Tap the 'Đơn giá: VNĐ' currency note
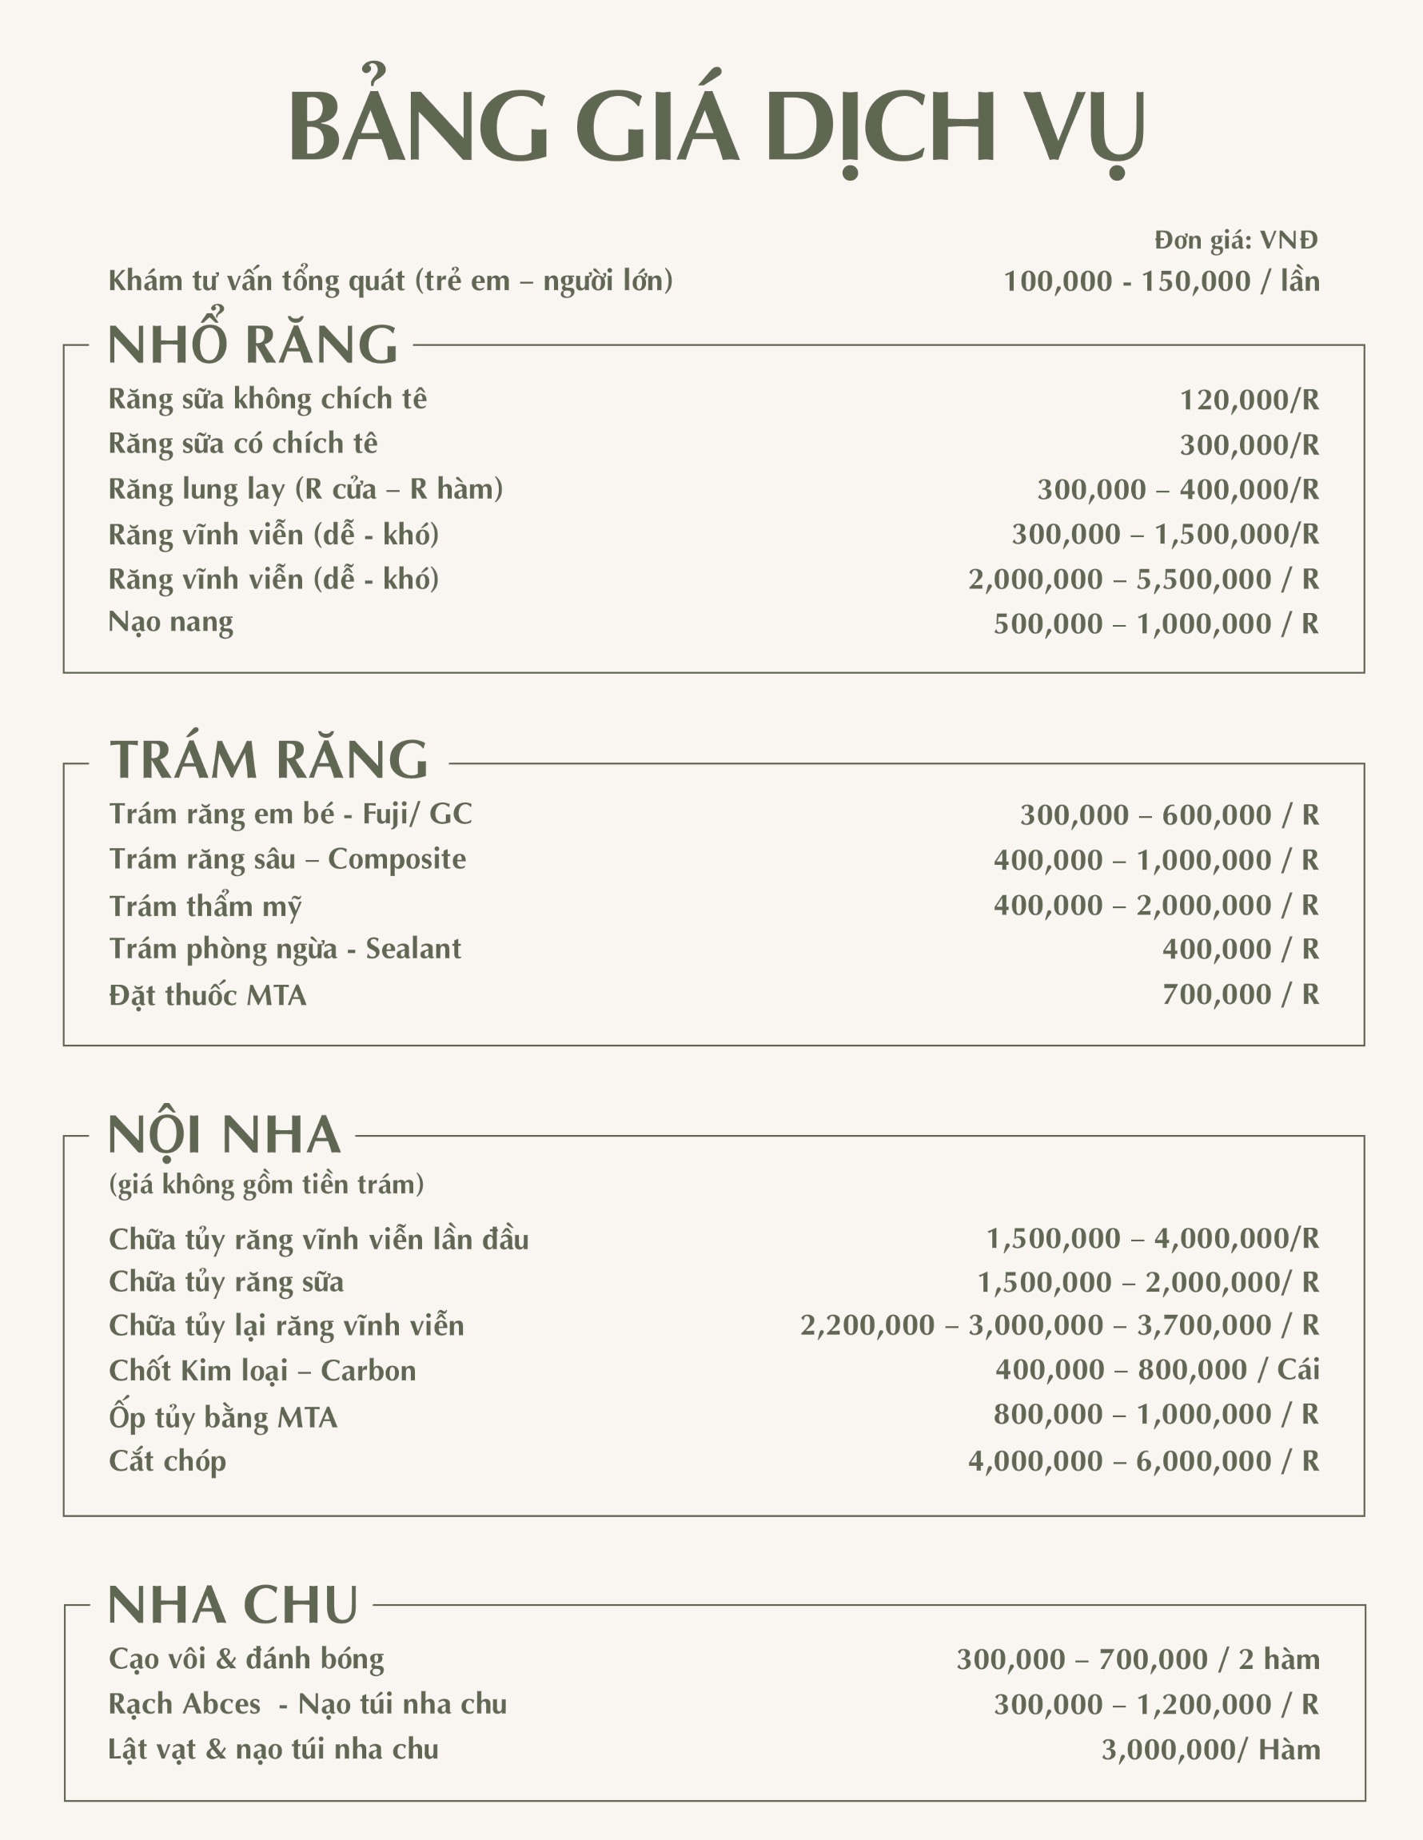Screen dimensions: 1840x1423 click(1235, 241)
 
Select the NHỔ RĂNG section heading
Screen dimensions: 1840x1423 click(253, 345)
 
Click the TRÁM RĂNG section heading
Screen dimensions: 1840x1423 click(269, 760)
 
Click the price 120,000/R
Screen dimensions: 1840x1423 click(1249, 400)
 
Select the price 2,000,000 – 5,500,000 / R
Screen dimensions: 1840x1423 click(1143, 579)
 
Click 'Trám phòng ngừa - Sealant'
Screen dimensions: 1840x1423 click(285, 950)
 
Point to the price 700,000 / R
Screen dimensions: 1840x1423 click(1240, 995)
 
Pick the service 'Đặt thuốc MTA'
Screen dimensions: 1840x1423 click(207, 996)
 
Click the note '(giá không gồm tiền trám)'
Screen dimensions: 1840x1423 click(266, 1185)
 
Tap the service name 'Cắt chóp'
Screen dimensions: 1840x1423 click(168, 1461)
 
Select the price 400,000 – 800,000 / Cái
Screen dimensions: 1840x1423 click(1157, 1370)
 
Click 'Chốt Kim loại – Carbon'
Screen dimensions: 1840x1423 click(262, 1371)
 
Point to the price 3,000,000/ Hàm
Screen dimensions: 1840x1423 click(1210, 1750)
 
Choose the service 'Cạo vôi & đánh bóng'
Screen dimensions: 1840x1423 click(246, 1659)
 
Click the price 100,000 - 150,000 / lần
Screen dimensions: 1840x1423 click(1161, 281)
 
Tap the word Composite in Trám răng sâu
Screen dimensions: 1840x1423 click(397, 859)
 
